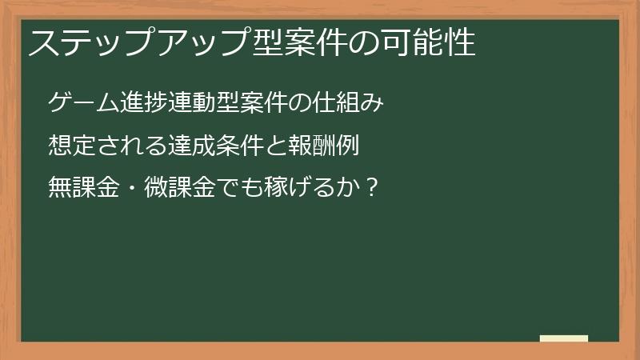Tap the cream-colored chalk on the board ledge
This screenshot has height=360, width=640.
click(x=563, y=338)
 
